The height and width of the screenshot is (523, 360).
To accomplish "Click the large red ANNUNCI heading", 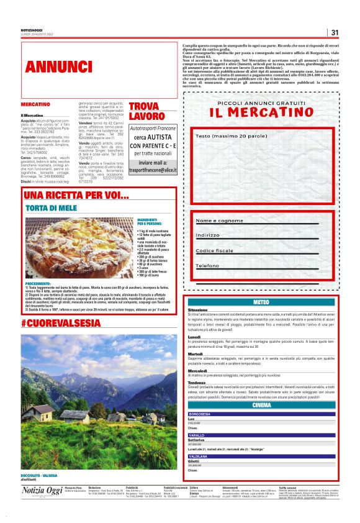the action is pos(60,66).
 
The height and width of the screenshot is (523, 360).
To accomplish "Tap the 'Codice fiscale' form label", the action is pos(218,250).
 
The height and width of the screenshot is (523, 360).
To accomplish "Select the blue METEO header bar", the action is pos(261,302).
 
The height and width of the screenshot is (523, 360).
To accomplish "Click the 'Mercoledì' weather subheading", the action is pos(197,371).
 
